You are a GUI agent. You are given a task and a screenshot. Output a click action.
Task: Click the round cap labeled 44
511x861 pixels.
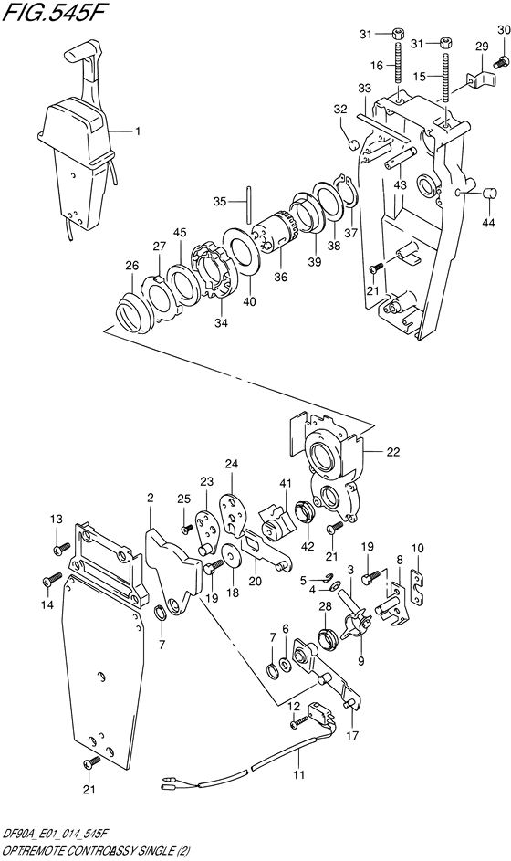[487, 194]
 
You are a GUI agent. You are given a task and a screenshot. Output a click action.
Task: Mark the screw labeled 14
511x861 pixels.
[52, 580]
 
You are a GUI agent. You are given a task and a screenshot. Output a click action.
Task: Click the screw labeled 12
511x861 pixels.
[300, 722]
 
